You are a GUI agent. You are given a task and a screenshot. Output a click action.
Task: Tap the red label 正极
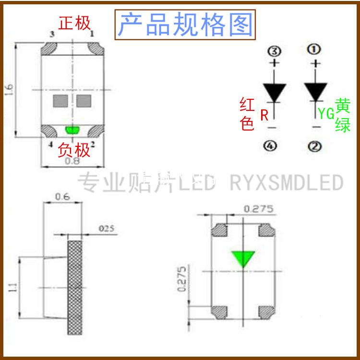74,23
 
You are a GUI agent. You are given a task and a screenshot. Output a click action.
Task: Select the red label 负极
74,150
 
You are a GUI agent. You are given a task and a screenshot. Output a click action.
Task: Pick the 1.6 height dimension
10,90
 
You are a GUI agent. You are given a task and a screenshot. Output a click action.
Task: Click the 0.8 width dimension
72,162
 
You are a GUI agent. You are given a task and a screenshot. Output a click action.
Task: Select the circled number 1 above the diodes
315,49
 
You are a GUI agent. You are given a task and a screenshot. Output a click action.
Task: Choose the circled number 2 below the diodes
315,146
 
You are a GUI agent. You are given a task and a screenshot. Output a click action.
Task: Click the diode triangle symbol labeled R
274,91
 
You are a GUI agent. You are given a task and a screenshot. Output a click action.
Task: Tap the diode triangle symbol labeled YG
315,91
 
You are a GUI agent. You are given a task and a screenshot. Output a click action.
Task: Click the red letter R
264,115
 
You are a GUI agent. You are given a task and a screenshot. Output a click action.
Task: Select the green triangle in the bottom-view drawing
243,259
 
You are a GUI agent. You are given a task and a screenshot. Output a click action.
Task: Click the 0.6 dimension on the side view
62,196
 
